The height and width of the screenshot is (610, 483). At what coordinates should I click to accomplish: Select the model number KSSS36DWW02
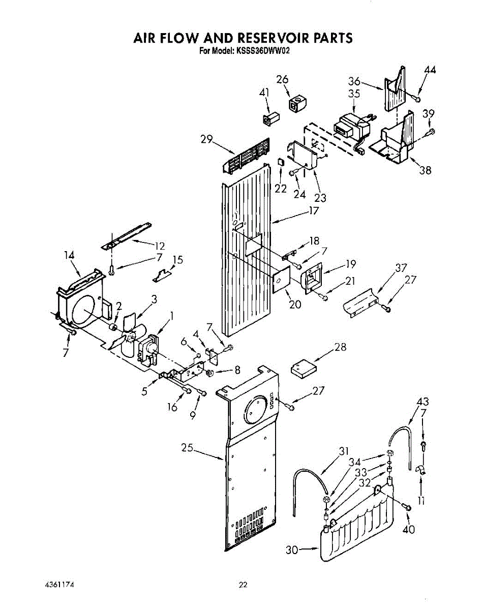point(262,51)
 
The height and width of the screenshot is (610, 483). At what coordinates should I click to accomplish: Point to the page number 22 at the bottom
point(243,585)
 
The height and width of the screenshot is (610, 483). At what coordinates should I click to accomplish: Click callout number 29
point(206,138)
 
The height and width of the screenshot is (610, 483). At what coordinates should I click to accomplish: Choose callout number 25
point(188,448)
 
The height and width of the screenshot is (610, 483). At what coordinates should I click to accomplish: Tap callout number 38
point(425,170)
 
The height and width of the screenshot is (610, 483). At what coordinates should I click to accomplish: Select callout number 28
point(340,347)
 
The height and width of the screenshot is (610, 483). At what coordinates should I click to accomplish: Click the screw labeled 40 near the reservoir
point(407,506)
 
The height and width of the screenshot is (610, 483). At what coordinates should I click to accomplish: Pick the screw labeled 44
point(416,98)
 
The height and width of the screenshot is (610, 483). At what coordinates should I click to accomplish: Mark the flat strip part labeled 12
point(127,234)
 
